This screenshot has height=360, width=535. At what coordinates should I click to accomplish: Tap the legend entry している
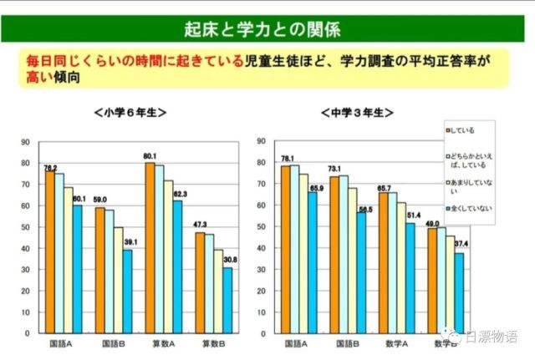[465, 129]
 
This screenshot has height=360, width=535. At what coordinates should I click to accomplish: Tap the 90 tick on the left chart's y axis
[28, 141]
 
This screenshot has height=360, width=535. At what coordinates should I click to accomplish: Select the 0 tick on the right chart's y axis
[268, 333]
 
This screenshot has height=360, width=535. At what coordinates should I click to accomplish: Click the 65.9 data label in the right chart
[316, 189]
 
